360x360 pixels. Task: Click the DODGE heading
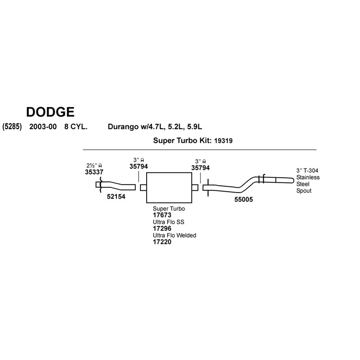50,112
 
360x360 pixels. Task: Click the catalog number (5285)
12,127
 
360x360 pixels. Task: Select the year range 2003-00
43,127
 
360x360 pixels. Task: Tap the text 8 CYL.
76,127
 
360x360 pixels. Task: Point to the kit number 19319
223,141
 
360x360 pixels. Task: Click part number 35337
94,172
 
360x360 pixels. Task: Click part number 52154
116,197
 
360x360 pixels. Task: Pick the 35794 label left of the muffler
139,166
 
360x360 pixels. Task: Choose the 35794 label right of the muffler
200,168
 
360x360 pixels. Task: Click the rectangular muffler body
169,188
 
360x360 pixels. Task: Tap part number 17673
162,215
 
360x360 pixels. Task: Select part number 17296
162,229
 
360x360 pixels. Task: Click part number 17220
162,242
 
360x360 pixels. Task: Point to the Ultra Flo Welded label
175,235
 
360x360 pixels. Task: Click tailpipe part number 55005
243,199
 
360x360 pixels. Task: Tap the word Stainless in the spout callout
308,177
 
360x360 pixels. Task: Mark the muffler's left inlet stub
143,188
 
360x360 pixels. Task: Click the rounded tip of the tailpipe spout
293,180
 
